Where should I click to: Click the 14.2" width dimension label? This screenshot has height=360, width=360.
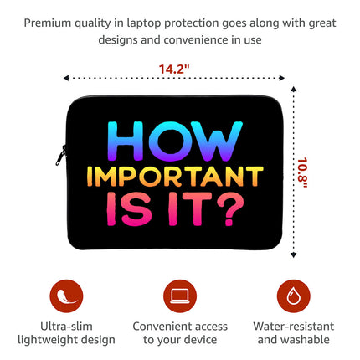[x=174, y=69]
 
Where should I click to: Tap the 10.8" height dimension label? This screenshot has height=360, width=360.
[x=302, y=173]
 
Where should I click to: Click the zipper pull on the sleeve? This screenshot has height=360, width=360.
[x=61, y=155]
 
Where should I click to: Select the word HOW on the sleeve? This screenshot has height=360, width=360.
[x=175, y=141]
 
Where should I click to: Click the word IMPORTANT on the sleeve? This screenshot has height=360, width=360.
[x=175, y=177]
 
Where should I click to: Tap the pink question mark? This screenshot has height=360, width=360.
[x=230, y=209]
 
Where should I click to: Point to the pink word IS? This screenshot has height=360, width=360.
[x=129, y=208]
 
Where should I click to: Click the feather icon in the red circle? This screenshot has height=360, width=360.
[x=66, y=296]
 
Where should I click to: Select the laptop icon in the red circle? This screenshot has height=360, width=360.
[x=180, y=296]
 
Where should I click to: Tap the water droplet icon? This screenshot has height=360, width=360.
[x=294, y=296]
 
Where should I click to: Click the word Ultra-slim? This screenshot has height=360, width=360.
[x=66, y=327]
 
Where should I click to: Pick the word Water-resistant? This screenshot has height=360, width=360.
[x=294, y=327]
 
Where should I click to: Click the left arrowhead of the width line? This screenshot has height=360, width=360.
[x=66, y=78]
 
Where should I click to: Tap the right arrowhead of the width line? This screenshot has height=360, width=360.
[x=282, y=78]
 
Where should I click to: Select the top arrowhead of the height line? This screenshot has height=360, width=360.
[x=293, y=89]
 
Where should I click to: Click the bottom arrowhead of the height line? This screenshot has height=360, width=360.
[x=293, y=255]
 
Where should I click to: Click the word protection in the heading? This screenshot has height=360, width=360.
[x=192, y=23]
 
